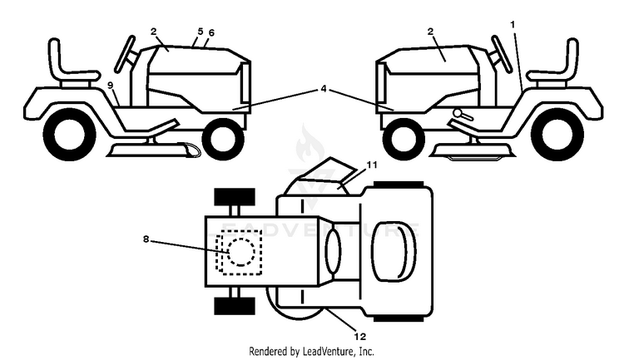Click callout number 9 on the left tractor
110,85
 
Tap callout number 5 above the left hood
201,31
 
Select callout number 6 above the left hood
211,33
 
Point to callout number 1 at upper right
513,25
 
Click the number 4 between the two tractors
323,89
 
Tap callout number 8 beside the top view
146,239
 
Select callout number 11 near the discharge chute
371,165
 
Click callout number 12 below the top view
359,337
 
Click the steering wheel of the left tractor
125,53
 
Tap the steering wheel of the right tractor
502,54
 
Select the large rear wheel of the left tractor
69,134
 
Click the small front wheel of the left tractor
223,139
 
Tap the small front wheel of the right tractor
404,139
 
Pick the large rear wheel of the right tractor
557,134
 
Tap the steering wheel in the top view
394,251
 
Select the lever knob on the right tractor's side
458,113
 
